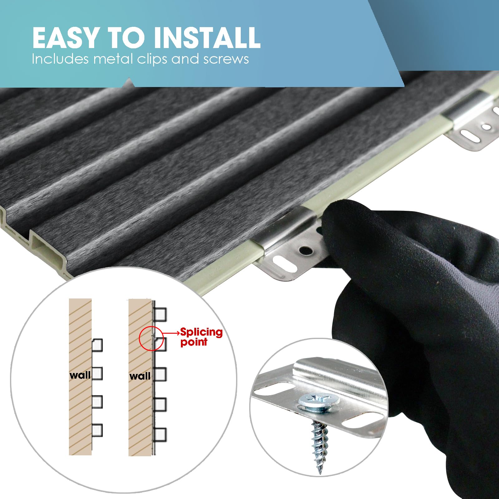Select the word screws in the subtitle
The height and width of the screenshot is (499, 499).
pyautogui.click(x=226, y=59)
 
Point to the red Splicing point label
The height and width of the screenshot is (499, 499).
pyautogui.click(x=201, y=337)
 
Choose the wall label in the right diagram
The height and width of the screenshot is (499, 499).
pyautogui.click(x=139, y=376)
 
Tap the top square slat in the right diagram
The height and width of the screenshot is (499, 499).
pyautogui.click(x=160, y=314)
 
